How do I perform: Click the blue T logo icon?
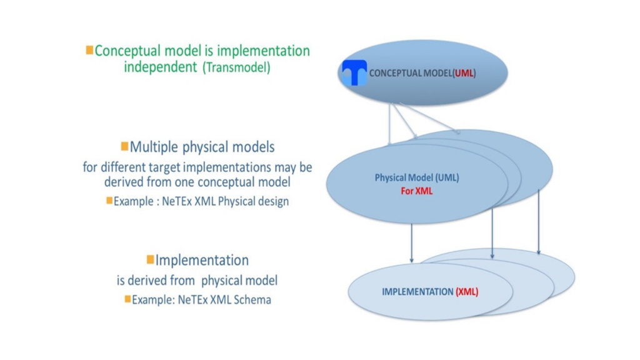pyautogui.click(x=354, y=73)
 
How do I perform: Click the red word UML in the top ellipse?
pyautogui.click(x=464, y=73)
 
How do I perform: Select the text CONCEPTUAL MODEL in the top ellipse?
pyautogui.click(x=410, y=73)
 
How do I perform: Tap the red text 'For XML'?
pyautogui.click(x=416, y=191)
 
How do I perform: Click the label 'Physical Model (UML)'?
pyautogui.click(x=416, y=178)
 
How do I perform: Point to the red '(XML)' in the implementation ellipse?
pyautogui.click(x=467, y=292)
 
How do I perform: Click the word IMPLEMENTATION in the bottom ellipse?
pyautogui.click(x=417, y=292)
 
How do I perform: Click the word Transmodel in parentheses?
pyautogui.click(x=237, y=68)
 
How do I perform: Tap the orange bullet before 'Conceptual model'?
pyautogui.click(x=89, y=50)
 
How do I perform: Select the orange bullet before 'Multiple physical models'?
pyautogui.click(x=124, y=147)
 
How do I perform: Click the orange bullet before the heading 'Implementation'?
pyautogui.click(x=150, y=259)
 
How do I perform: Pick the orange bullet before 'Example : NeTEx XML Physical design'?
pyautogui.click(x=109, y=201)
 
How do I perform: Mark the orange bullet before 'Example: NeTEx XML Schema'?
pyautogui.click(x=127, y=299)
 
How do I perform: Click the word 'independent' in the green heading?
pyautogui.click(x=160, y=67)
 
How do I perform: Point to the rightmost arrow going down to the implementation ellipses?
pyautogui.click(x=538, y=222)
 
